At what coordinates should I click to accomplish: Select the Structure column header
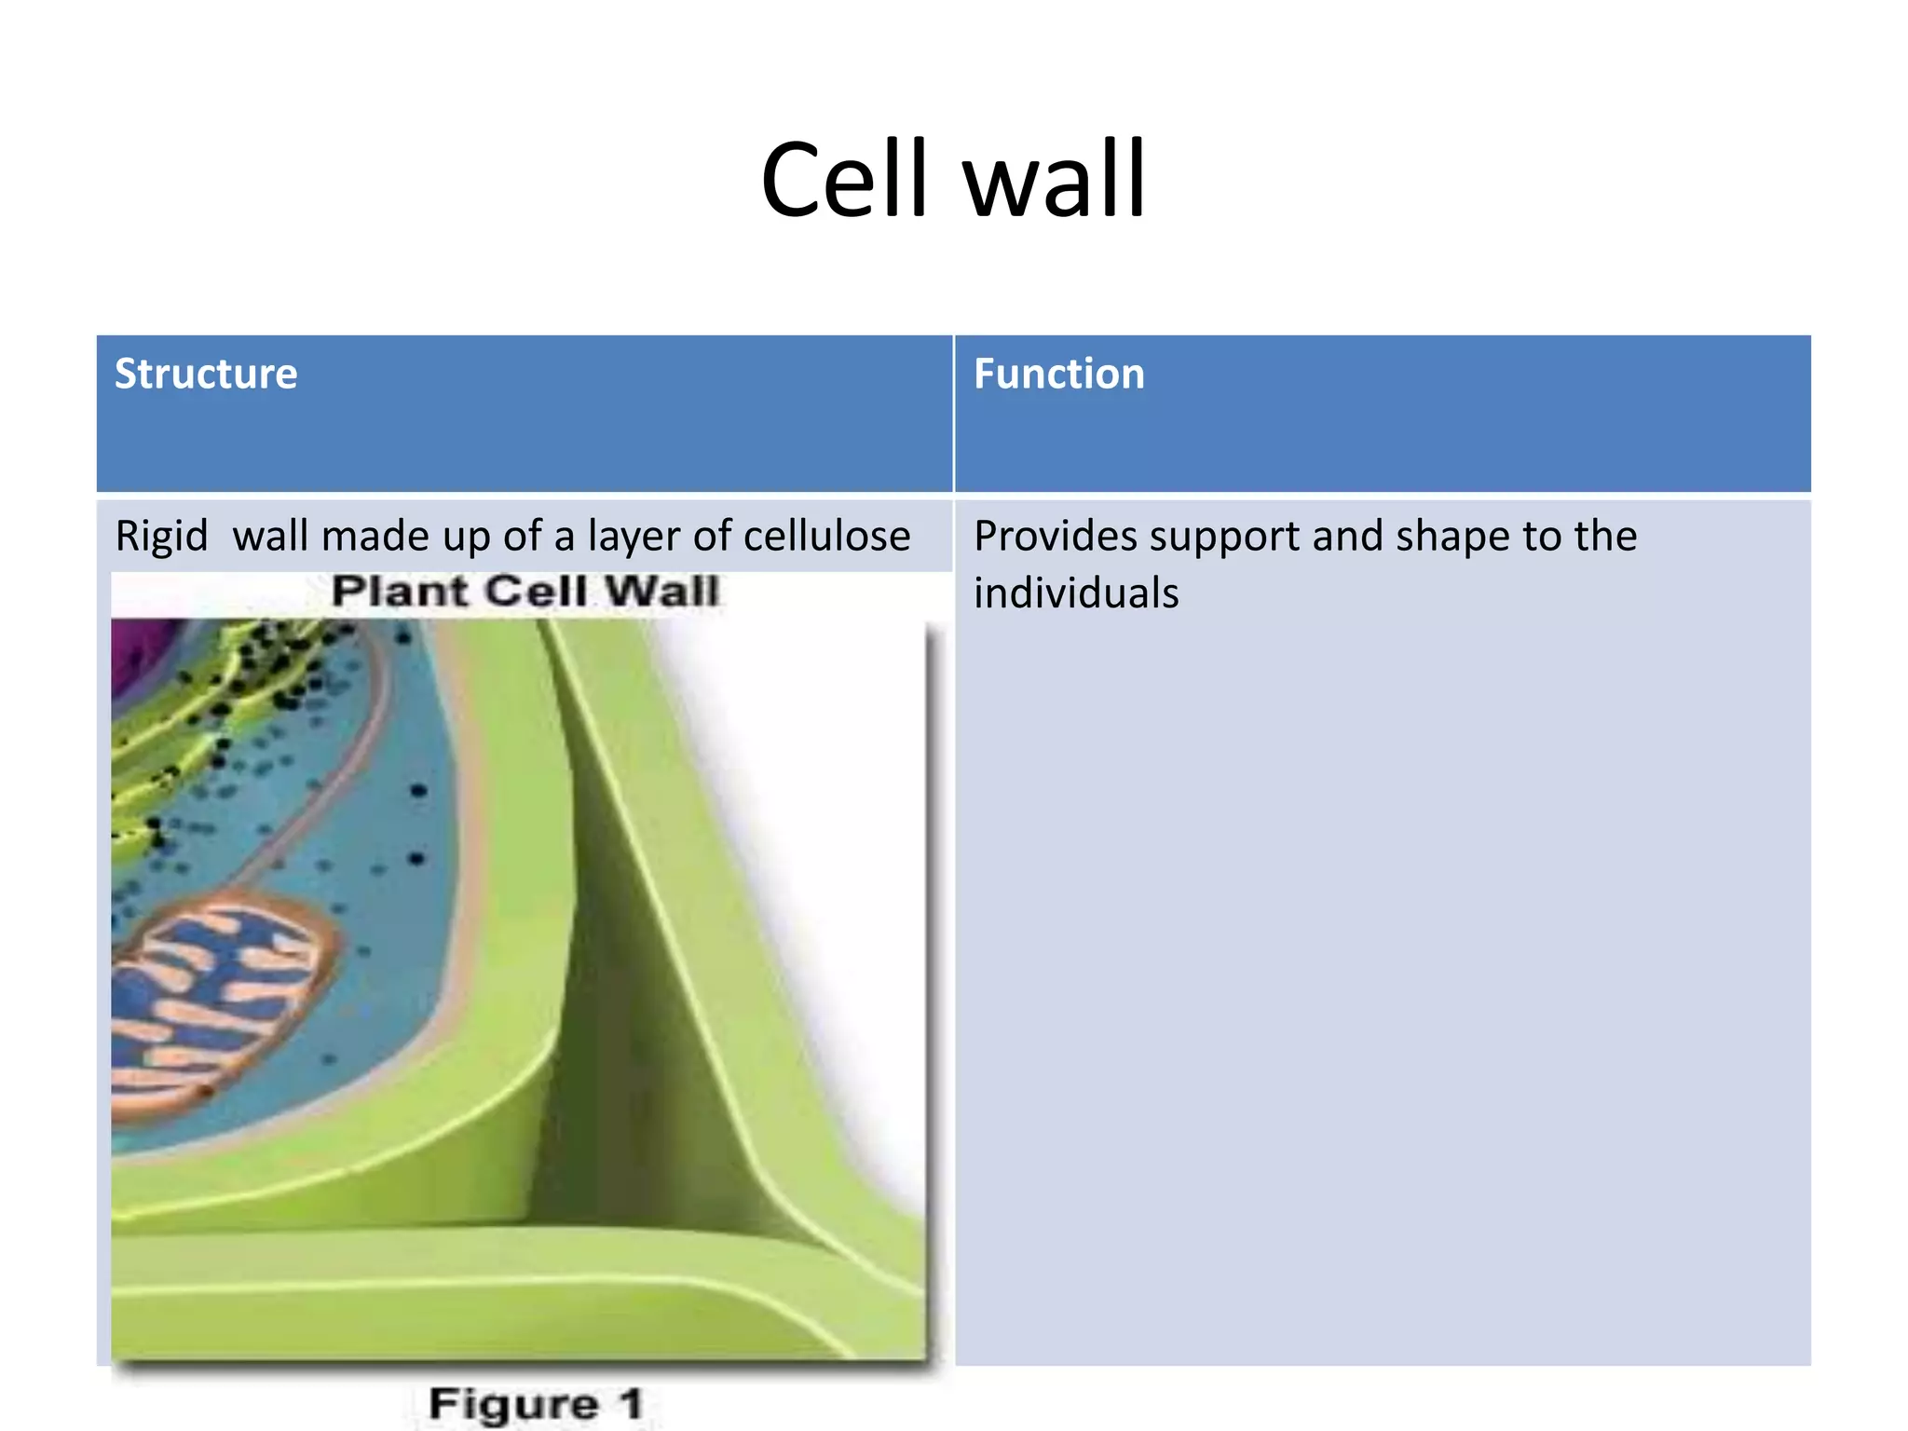click(x=206, y=374)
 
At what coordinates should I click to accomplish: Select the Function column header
click(x=1058, y=374)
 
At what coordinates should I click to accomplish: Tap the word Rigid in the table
click(x=161, y=537)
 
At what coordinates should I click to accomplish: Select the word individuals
click(x=1076, y=593)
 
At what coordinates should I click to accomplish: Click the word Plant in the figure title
click(x=399, y=591)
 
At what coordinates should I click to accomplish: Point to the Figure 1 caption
click(x=536, y=1404)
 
